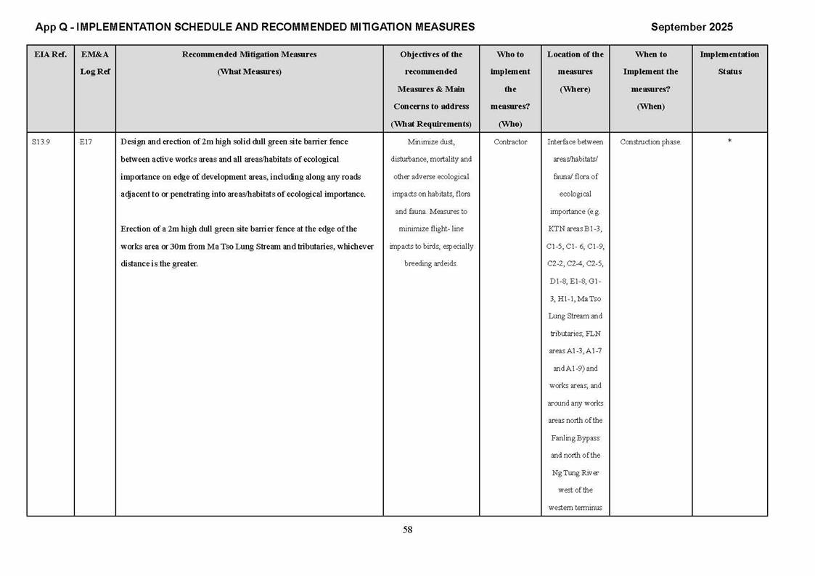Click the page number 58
coord(408,530)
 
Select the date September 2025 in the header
coord(691,27)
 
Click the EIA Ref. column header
coord(50,54)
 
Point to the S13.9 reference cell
coord(41,142)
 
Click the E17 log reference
coord(86,142)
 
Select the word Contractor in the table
coord(510,142)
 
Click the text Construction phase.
coord(650,142)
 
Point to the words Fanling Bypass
coord(576,438)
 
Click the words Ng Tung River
coord(576,473)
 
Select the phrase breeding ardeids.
coord(431,264)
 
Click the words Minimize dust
coord(431,142)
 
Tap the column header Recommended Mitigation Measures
coord(249,54)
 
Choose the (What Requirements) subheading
coord(431,124)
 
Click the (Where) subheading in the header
coord(576,89)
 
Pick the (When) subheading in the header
coord(650,107)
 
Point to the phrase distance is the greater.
coord(159,264)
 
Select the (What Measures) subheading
coord(249,72)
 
